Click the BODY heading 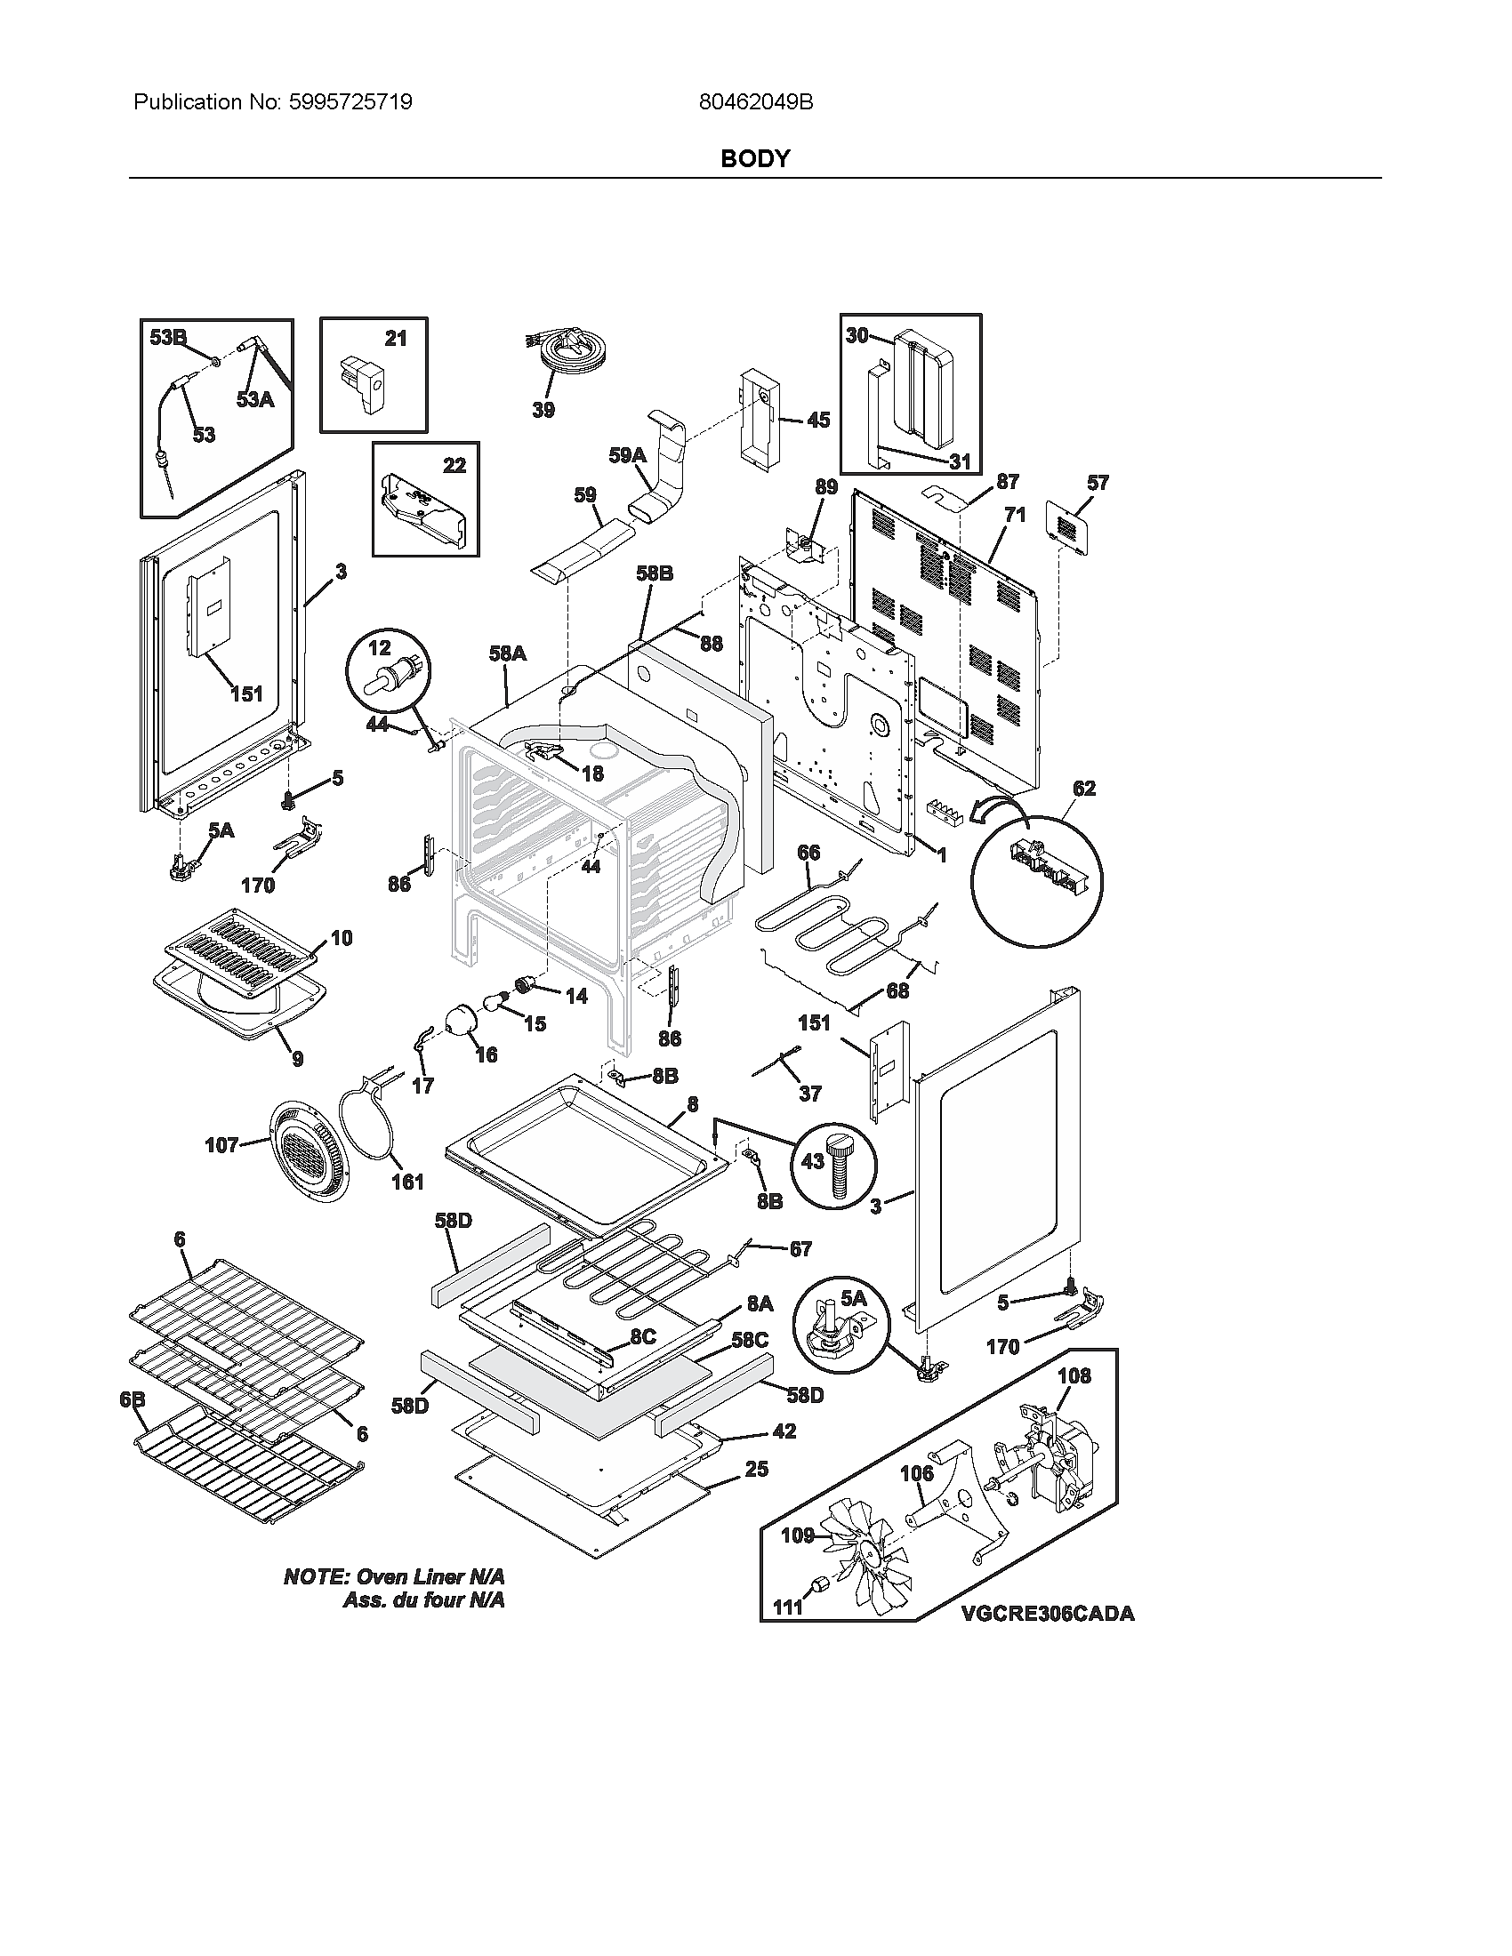point(755,158)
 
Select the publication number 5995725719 point(350,102)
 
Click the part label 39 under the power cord point(543,410)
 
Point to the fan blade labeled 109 point(865,1559)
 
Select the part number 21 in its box point(395,338)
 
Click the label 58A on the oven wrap point(507,653)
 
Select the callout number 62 point(1084,788)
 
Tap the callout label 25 point(756,1469)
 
